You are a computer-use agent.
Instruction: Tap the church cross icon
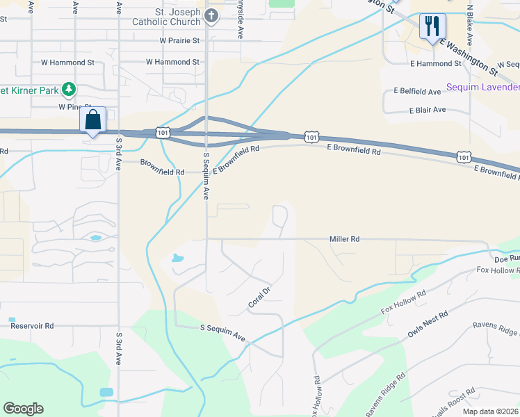pos(212,15)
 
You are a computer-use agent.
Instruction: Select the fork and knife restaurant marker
pos(432,27)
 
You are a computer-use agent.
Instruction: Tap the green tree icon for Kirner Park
pos(68,89)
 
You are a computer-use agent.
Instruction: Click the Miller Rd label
pos(344,239)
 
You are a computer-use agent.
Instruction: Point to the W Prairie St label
pos(179,40)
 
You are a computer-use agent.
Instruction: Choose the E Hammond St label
pos(436,63)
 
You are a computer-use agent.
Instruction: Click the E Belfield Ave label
pos(417,91)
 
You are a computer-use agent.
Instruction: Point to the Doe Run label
pos(506,258)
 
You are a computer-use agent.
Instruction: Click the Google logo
pos(23,409)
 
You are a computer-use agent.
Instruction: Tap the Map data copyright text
pos(491,411)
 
